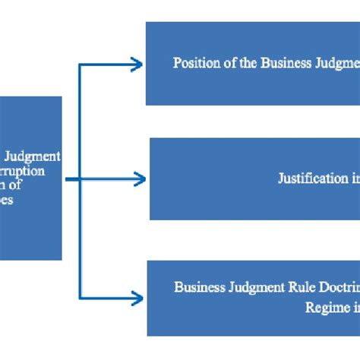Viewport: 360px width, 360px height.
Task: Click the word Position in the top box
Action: tap(191, 63)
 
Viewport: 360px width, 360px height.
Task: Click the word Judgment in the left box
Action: tap(37, 156)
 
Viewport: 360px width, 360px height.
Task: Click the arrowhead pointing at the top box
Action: tap(139, 65)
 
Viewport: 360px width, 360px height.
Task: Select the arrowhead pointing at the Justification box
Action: tap(141, 179)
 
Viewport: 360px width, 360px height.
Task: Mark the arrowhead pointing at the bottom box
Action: tap(139, 297)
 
